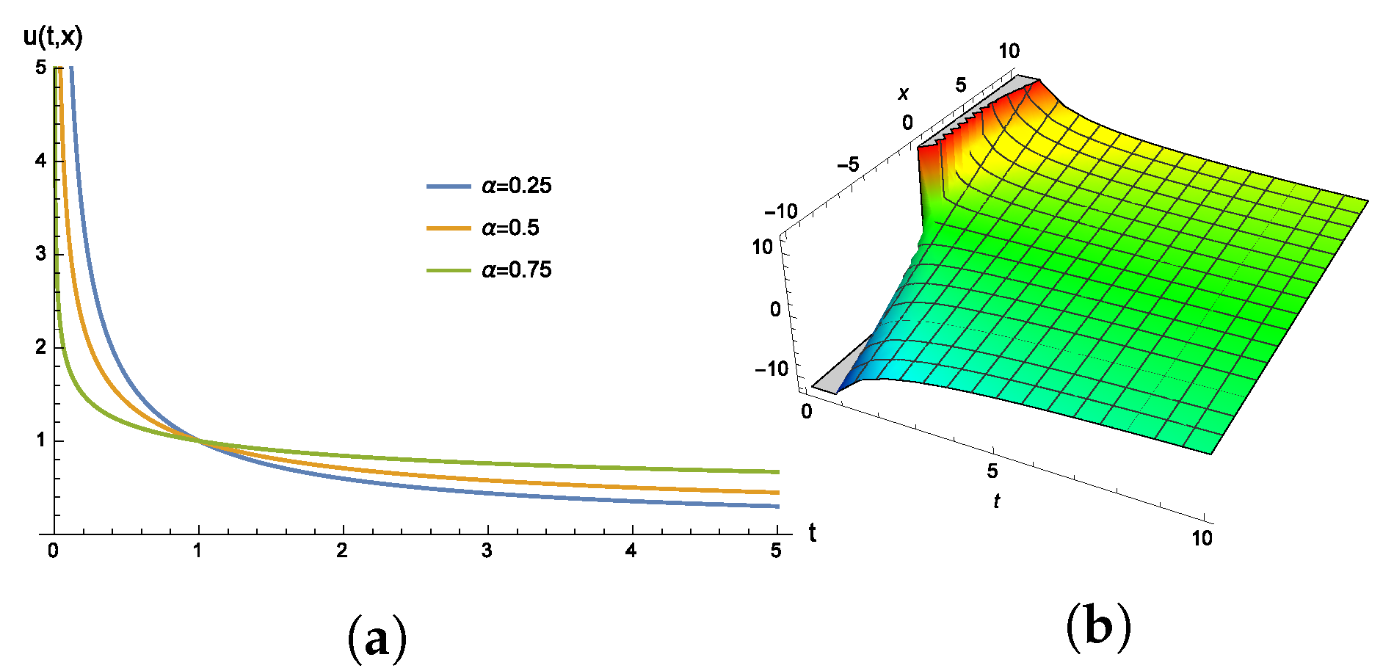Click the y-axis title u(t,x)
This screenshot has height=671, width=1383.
(53, 35)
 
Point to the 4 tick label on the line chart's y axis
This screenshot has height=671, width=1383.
(40, 160)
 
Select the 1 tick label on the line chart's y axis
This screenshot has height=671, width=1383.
(40, 440)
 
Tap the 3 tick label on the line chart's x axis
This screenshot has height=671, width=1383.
(487, 551)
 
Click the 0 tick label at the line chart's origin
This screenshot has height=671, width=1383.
(53, 551)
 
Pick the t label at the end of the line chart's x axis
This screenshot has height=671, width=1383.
(813, 533)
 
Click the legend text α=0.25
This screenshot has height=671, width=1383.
(516, 186)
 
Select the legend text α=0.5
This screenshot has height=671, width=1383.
(510, 228)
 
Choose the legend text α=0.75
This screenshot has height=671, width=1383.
(516, 270)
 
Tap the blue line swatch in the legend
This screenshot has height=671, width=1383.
(449, 186)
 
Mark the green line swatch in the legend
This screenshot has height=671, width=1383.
(449, 271)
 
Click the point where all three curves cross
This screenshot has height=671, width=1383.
(198, 440)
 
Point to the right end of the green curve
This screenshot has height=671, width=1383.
(777, 472)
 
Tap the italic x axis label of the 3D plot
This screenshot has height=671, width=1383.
(904, 93)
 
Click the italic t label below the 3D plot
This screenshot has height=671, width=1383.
(996, 501)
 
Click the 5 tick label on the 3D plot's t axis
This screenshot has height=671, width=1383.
(992, 471)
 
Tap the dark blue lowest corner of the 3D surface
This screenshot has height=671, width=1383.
(838, 392)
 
